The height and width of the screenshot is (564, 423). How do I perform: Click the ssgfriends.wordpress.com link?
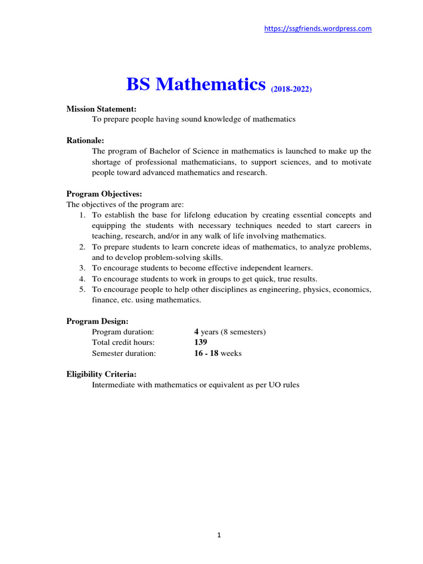coord(318,29)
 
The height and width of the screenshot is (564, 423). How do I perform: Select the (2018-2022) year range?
coord(291,89)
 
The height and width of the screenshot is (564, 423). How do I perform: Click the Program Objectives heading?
coord(104,194)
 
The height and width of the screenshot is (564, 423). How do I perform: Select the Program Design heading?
coord(97,321)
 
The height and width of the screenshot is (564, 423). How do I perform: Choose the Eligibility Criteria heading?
coord(101,375)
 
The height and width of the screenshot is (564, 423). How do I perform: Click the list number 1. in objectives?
coord(83,215)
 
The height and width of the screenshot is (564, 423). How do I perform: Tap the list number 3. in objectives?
coord(83,268)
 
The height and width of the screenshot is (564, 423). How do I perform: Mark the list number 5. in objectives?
coord(83,289)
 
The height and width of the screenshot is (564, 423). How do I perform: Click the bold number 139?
coord(200,343)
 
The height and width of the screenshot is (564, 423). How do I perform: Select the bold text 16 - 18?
coord(206,353)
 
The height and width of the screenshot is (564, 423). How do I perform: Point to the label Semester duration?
coord(124,353)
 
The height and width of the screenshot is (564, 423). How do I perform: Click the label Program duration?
coord(123,332)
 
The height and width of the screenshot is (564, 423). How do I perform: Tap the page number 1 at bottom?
coord(219,535)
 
